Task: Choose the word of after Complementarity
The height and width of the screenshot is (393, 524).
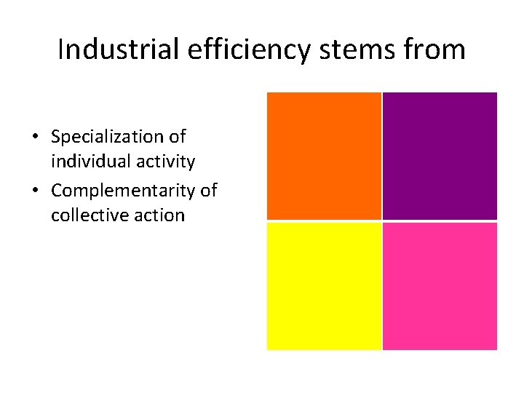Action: [209, 191]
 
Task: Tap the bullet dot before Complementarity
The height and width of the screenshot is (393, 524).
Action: [34, 191]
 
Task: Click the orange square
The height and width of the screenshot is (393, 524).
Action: [324, 156]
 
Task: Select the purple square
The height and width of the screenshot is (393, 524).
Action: [440, 156]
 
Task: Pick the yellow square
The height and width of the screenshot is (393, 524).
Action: [324, 286]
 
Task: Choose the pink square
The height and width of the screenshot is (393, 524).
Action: [440, 286]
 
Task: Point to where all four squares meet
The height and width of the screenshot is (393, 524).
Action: [382, 221]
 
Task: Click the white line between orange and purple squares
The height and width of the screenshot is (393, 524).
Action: [382, 156]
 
